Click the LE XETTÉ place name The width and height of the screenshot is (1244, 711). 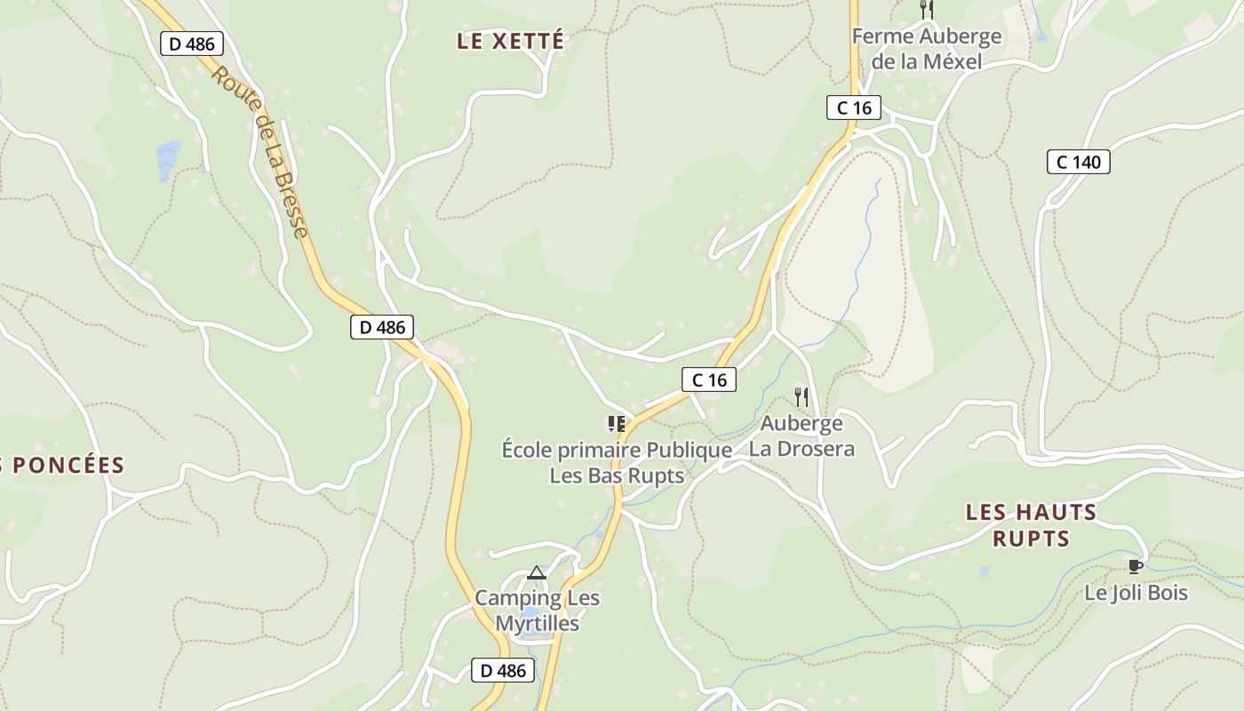(x=510, y=41)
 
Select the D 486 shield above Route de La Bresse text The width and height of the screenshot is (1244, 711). (x=191, y=44)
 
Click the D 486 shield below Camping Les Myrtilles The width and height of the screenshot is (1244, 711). (x=503, y=670)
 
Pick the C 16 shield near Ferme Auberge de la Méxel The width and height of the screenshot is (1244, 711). (x=854, y=108)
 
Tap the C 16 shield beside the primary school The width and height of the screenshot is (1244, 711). (x=709, y=379)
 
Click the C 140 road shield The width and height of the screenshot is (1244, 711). (x=1079, y=162)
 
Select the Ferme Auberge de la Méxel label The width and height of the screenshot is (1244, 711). (x=927, y=49)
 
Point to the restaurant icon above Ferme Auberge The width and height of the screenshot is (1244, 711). (x=927, y=10)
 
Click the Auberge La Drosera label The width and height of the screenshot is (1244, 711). (x=801, y=435)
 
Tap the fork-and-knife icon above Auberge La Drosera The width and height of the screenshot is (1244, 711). (x=801, y=396)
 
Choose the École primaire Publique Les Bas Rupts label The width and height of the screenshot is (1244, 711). (x=617, y=462)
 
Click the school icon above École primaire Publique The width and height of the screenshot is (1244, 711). (x=616, y=424)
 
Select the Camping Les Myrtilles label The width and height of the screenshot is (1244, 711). (x=537, y=611)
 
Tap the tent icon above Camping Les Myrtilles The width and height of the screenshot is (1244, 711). (x=536, y=572)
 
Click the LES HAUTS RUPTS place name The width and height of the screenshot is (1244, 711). (x=1031, y=525)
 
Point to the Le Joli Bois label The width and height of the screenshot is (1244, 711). (x=1136, y=593)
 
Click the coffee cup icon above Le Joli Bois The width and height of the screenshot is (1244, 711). (x=1135, y=566)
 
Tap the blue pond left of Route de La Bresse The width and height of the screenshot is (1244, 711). (x=168, y=160)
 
